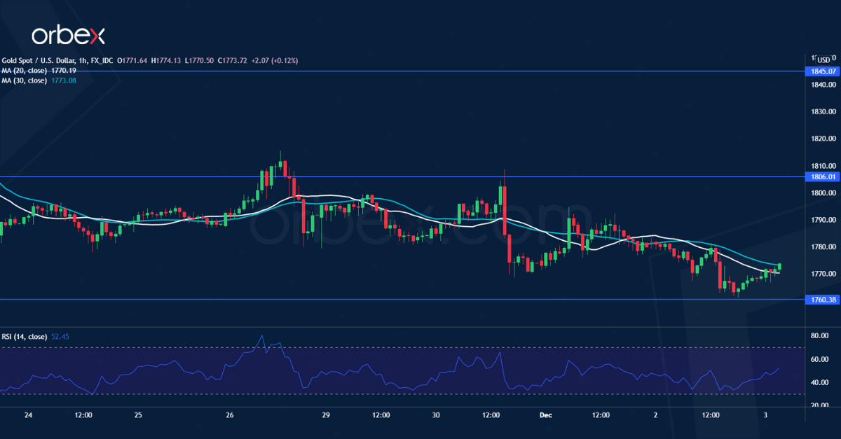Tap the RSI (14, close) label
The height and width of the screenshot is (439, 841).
pyautogui.click(x=25, y=337)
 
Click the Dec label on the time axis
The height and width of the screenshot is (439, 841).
pyautogui.click(x=547, y=415)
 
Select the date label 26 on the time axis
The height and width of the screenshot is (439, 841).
pyautogui.click(x=230, y=415)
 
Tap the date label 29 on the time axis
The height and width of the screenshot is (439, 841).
pyautogui.click(x=326, y=415)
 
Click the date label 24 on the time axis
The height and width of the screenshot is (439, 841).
pyautogui.click(x=29, y=415)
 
